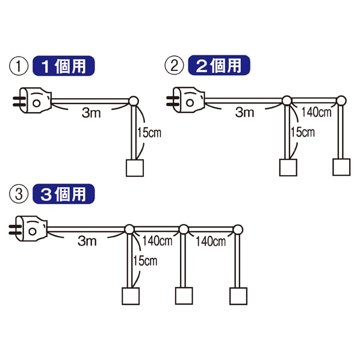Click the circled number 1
19,66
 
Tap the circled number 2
174,66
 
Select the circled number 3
19,194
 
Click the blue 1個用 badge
64,66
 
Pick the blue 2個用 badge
219,65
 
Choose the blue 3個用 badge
64,194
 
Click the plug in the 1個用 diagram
33,101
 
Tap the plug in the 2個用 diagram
186,100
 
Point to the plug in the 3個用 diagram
28,229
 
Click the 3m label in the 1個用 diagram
91,113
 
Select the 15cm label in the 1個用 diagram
149,133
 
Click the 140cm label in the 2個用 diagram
317,113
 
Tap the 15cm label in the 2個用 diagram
303,132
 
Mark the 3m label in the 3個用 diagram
87,241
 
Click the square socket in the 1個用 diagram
135,168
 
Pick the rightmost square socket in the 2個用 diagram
341,167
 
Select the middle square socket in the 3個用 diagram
184,296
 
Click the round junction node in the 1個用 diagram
134,101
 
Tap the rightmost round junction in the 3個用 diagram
238,229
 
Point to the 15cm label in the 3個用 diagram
145,261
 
